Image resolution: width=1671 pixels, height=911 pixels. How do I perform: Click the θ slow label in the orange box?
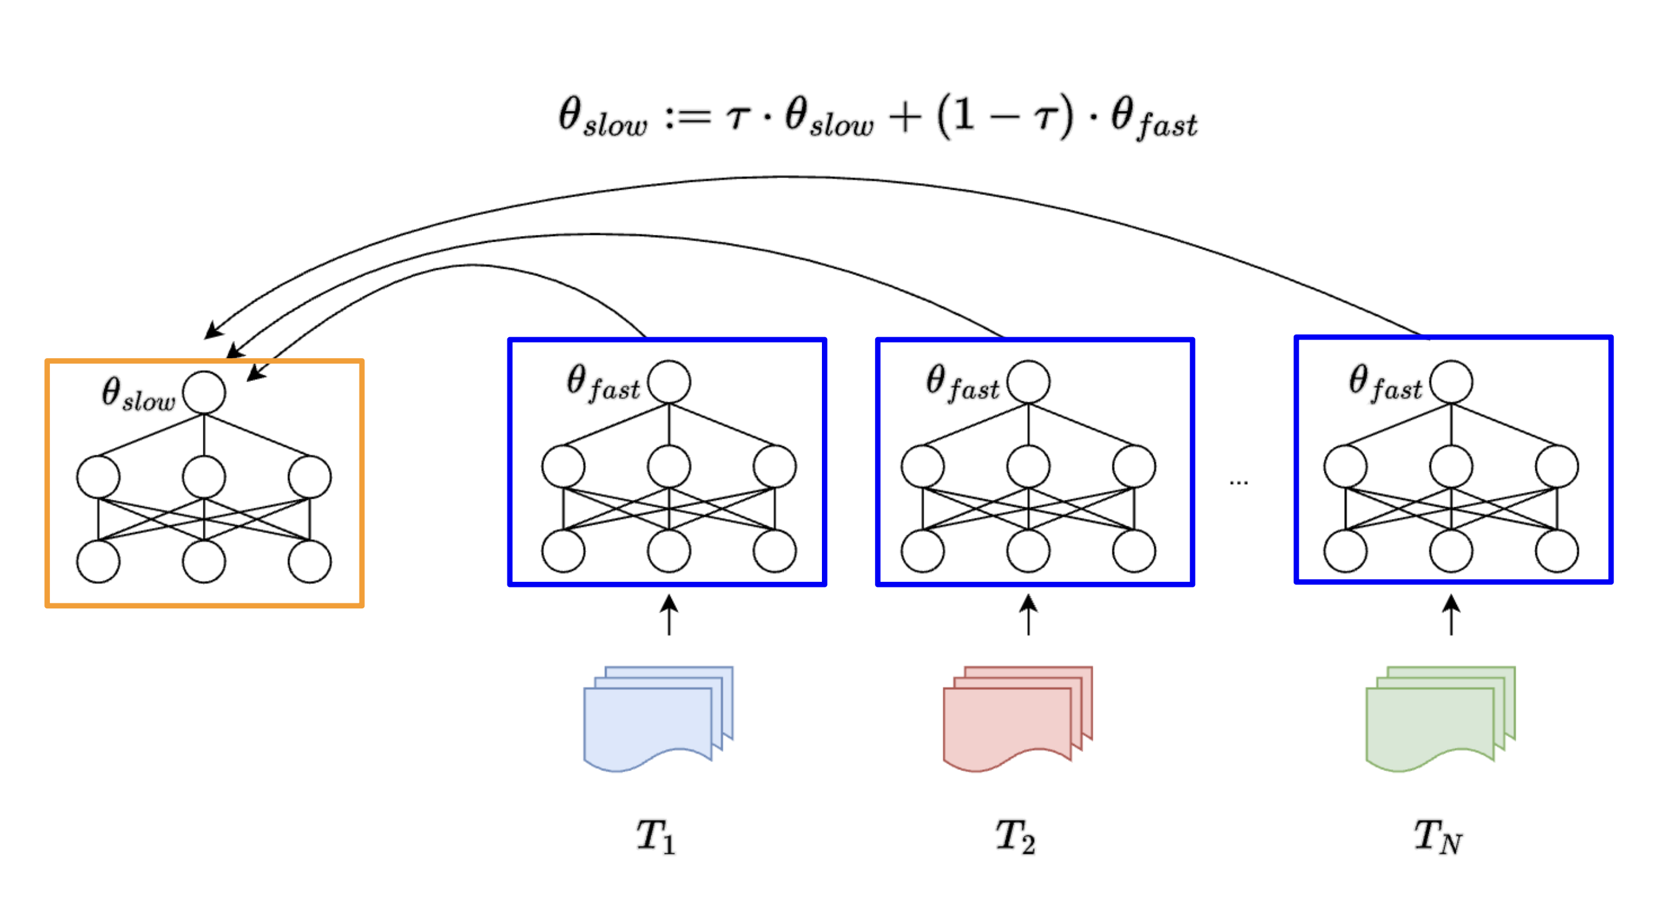point(138,394)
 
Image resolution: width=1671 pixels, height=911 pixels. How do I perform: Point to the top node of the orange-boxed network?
point(203,392)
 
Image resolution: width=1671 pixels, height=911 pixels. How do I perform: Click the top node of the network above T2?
point(1028,382)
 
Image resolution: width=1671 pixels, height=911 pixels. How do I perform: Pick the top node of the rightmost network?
point(1451,382)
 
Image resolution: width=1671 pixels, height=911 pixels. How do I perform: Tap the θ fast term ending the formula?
point(1153,118)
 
